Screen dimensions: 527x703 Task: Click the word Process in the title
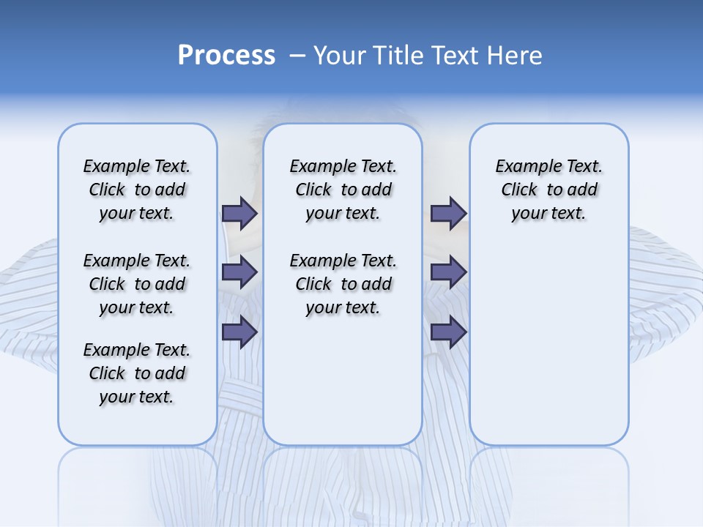coord(226,56)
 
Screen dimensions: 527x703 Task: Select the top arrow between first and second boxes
coord(239,213)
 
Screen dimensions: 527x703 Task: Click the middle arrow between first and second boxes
coord(239,272)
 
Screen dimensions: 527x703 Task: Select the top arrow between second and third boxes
coord(448,213)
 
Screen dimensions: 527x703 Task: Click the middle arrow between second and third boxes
coord(448,272)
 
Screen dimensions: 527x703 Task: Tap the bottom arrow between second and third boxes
coord(448,332)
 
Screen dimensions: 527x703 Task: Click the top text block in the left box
coord(137,190)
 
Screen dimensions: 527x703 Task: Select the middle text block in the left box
coord(137,284)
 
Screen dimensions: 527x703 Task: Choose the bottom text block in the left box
coord(137,373)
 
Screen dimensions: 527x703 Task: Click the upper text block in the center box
coord(343,190)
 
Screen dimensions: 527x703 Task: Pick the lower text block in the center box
coord(343,284)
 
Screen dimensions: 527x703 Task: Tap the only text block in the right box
coord(548,190)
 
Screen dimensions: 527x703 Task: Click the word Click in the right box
coord(519,190)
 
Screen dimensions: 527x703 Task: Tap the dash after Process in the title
coord(297,56)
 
